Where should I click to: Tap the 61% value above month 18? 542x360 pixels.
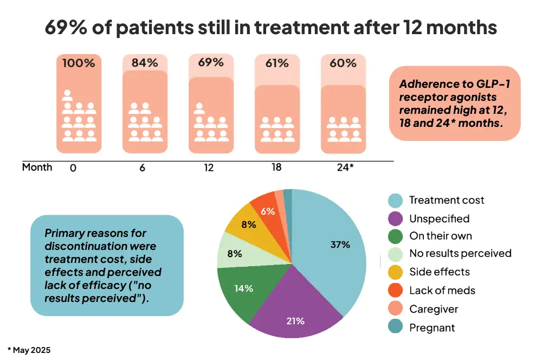[277, 63]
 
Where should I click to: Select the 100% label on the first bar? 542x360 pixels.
[79, 63]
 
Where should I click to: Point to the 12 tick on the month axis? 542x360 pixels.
[209, 168]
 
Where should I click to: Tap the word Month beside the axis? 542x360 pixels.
[37, 167]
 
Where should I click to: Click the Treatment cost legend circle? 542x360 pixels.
[396, 201]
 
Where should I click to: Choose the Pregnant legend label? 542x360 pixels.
[432, 327]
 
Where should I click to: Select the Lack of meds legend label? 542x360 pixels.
[442, 291]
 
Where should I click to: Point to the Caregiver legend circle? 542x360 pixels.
[396, 309]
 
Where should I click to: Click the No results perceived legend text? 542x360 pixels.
[460, 253]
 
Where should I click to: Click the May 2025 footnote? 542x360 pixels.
[31, 350]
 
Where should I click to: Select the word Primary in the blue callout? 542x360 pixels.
[63, 234]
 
